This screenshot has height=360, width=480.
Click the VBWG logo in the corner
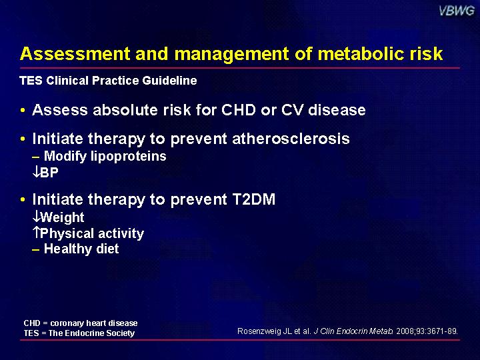457,11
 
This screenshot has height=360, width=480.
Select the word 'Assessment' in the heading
75,54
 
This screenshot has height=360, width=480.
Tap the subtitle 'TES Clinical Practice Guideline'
108,81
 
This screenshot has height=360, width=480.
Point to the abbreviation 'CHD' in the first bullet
239,110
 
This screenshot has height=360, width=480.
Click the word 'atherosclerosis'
291,139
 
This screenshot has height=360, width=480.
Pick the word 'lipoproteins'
129,157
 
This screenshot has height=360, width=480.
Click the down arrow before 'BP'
36,173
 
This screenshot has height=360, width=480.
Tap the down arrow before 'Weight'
36,217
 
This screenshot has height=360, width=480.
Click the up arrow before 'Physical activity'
36,233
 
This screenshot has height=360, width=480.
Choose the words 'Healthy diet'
81,249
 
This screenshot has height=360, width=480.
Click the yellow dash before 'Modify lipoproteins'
36,157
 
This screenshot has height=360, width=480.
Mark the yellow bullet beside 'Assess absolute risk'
23,110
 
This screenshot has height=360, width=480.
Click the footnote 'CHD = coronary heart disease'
81,323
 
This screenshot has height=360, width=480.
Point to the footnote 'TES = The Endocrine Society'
79,333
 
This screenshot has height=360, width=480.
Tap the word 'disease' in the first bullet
337,110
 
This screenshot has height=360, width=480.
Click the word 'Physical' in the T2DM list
67,233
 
